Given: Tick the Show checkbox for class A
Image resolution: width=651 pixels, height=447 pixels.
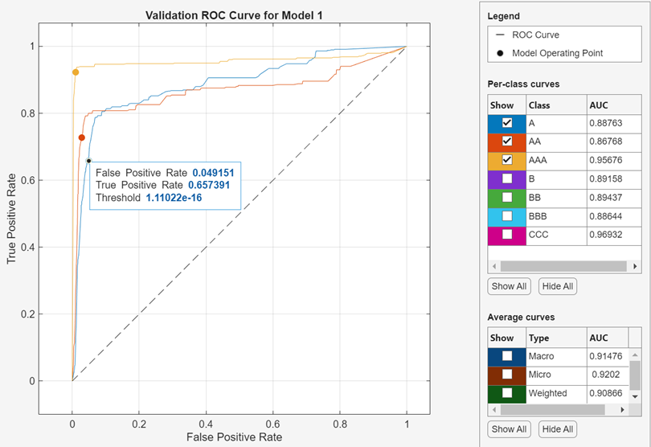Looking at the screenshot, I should coord(507,123).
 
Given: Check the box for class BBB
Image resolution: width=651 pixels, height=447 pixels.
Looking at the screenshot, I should coord(507,215).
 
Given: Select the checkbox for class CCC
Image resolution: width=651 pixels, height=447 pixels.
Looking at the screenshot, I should coord(507,235).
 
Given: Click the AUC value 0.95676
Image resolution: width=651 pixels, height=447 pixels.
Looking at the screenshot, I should coord(605,160).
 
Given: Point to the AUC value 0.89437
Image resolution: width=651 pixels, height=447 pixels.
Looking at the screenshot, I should coord(605,197).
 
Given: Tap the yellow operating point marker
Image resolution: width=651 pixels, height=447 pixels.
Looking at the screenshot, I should coord(76,72).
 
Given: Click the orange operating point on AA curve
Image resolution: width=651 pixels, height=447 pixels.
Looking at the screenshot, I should coord(81,137).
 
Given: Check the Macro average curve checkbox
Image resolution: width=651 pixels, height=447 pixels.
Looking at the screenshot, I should coord(507,356).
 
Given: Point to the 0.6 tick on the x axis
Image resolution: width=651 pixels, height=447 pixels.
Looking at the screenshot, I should coord(273,423).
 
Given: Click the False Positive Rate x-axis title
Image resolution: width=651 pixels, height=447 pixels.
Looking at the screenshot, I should coord(234,437).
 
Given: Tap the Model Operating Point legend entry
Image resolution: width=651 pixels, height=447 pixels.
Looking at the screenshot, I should coord(557,53).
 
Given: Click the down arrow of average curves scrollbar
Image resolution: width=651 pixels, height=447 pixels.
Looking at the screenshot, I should coord(635,396).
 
